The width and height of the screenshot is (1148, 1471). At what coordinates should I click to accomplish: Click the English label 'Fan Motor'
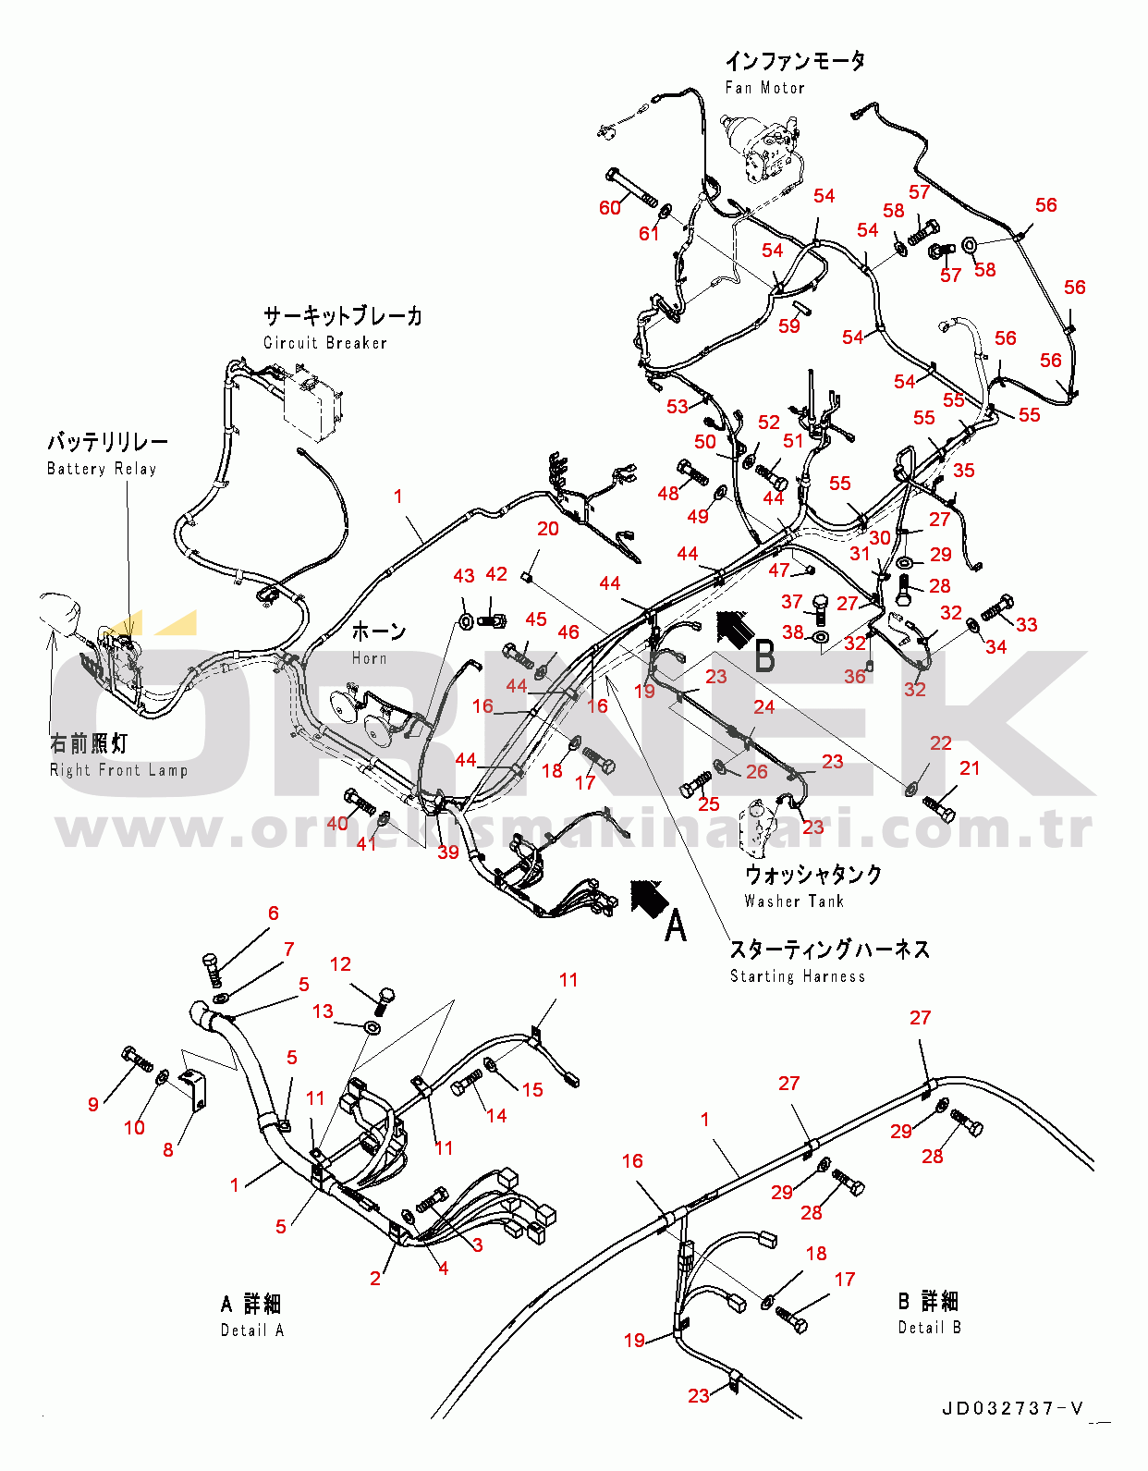pyautogui.click(x=764, y=88)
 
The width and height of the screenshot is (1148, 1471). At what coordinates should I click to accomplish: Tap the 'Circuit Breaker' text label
pyautogui.click(x=325, y=343)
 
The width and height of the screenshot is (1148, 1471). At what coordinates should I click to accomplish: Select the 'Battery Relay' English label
pyautogui.click(x=102, y=469)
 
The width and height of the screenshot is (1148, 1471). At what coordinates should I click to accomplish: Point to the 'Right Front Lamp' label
pyautogui.click(x=119, y=770)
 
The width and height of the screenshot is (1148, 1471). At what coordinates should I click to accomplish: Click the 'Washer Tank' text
pyautogui.click(x=794, y=901)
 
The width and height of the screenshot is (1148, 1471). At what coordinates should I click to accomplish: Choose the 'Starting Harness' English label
pyautogui.click(x=798, y=976)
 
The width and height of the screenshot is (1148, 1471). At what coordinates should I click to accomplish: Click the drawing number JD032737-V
pyautogui.click(x=1013, y=1409)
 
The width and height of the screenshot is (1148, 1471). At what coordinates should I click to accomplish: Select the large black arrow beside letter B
pyautogui.click(x=736, y=629)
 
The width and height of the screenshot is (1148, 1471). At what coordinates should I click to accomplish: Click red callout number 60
pyautogui.click(x=610, y=208)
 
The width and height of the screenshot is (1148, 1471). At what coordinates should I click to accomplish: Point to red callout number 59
pyautogui.click(x=789, y=325)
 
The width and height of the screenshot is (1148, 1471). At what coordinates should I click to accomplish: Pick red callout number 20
pyautogui.click(x=548, y=529)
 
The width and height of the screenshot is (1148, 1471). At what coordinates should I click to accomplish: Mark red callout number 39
pyautogui.click(x=448, y=852)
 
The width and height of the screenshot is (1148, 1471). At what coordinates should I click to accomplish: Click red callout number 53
pyautogui.click(x=678, y=406)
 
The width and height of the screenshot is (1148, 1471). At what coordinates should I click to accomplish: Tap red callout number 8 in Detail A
pyautogui.click(x=168, y=1149)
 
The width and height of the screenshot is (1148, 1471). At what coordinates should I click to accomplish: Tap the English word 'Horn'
pyautogui.click(x=370, y=658)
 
